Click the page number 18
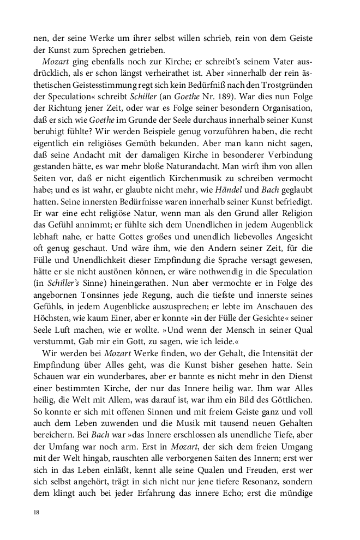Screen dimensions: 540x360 pos(36,512)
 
